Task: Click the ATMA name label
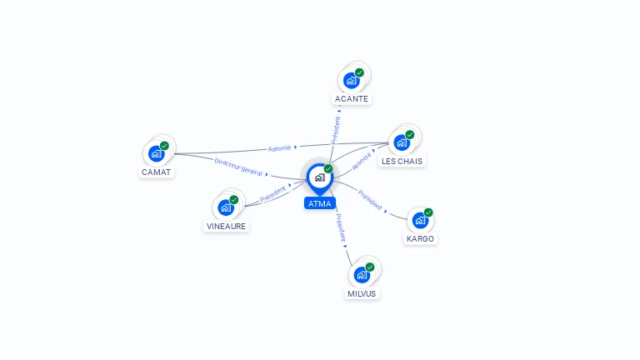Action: tap(320, 203)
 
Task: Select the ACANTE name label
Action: tap(352, 99)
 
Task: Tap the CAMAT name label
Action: tap(157, 172)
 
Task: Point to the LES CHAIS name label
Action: tap(402, 161)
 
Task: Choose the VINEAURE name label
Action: tap(226, 226)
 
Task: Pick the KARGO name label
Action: tap(420, 239)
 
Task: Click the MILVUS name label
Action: tap(362, 294)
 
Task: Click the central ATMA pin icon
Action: tap(320, 178)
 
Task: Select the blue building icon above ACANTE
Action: tap(352, 80)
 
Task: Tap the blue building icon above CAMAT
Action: tap(157, 154)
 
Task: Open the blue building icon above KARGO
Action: tap(420, 220)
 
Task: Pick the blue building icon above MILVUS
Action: tap(362, 275)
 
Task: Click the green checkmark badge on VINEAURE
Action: tap(234, 200)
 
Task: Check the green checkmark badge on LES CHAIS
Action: tap(410, 135)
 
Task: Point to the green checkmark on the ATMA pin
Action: tap(328, 168)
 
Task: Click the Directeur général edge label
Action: tap(239, 167)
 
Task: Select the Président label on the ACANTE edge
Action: tap(336, 130)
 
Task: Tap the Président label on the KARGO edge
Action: tap(370, 200)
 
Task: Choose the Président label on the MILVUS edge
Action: tap(340, 227)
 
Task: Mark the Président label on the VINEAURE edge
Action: tap(273, 193)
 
